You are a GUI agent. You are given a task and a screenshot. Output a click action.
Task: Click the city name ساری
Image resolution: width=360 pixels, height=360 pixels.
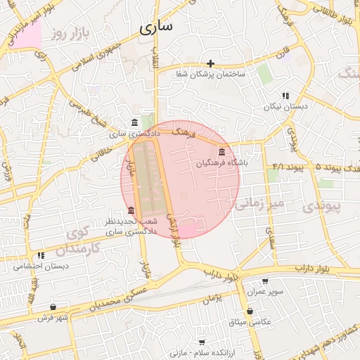click(155, 28)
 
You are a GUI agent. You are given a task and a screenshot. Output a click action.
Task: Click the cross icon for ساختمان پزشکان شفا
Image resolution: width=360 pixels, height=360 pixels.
click(210, 63)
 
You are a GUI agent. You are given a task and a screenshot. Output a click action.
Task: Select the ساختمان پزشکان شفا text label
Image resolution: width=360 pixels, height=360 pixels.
click(210, 75)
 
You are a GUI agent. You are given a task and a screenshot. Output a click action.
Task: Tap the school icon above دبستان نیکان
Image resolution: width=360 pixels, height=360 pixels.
click(285, 96)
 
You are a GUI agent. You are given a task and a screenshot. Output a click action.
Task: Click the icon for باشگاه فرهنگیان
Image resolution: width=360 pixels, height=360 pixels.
click(222, 153)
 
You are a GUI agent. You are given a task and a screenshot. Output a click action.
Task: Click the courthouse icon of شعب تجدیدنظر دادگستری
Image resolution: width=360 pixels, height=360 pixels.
click(131, 210)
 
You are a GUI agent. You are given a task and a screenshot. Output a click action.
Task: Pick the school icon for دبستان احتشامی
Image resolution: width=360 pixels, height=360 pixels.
click(41, 255)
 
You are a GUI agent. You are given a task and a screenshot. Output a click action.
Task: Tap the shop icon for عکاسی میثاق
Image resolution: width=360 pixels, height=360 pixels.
click(250, 311)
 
